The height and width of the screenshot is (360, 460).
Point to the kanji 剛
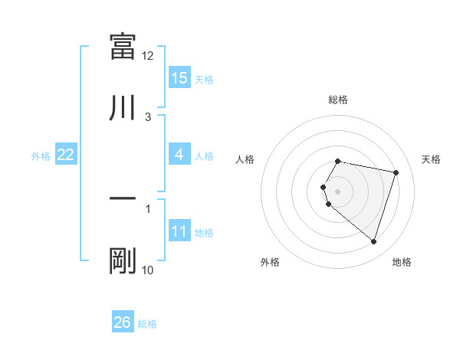(x=123, y=261)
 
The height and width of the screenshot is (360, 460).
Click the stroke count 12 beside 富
(x=148, y=56)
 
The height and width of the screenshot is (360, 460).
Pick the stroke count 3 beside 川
(x=148, y=117)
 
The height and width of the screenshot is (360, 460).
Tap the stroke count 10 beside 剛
(x=148, y=270)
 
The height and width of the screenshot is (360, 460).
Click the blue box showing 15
(x=179, y=78)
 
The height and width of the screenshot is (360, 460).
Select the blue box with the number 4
(x=179, y=155)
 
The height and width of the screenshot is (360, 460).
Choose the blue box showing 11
(x=179, y=231)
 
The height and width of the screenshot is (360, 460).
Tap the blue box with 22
(x=66, y=155)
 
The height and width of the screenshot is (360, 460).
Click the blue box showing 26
(x=123, y=322)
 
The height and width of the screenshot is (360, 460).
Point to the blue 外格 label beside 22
(x=41, y=156)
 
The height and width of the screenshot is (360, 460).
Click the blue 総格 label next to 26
(x=147, y=324)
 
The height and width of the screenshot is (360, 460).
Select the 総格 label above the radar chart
(x=338, y=100)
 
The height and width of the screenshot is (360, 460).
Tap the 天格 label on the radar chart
(x=432, y=159)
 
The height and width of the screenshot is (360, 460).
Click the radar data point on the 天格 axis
(x=396, y=173)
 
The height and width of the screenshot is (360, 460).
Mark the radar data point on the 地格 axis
(x=373, y=242)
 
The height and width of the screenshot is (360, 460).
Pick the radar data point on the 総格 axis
(x=338, y=162)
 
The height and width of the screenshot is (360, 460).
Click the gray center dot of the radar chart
(x=338, y=191)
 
